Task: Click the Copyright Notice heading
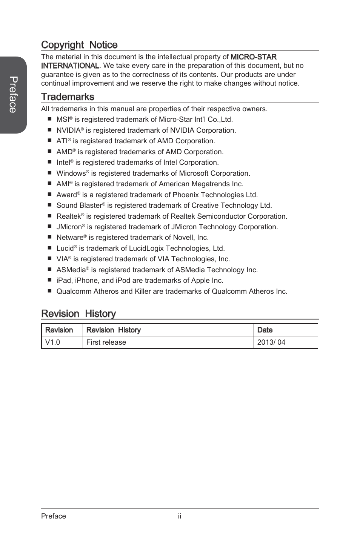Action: click(79, 45)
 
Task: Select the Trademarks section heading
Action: click(68, 97)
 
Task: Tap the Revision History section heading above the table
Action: click(78, 314)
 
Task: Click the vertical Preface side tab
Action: click(13, 95)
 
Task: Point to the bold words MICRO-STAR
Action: click(254, 57)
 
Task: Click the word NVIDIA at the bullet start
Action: click(68, 130)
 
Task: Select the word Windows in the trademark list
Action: click(71, 173)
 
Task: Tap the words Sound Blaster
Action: click(79, 206)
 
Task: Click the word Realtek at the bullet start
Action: click(69, 216)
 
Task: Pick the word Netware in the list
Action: click(70, 238)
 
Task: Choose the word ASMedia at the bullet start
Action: click(71, 270)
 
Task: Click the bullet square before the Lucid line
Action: click(49, 248)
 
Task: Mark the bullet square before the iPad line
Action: click(49, 280)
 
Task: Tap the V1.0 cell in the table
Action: click(52, 342)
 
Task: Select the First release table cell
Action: click(106, 342)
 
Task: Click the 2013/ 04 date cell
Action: click(271, 342)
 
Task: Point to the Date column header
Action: click(265, 330)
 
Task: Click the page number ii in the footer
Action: click(180, 516)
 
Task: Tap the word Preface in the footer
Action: click(54, 516)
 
